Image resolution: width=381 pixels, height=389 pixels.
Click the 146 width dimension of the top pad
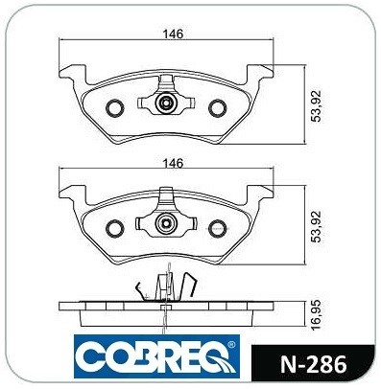coord(174,34)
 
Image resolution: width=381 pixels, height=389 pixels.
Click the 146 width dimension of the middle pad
coord(174,163)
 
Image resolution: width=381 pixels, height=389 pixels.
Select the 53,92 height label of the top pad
coord(317,105)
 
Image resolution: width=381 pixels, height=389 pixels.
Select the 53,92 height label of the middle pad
coord(317,227)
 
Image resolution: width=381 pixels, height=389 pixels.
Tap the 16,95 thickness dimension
coord(317,315)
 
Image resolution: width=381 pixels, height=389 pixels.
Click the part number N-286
coord(313,364)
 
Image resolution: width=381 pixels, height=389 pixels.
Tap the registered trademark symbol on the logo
coord(231,345)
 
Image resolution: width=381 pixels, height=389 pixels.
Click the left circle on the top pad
coord(114,108)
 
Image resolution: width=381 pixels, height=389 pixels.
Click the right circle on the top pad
coord(218,108)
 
